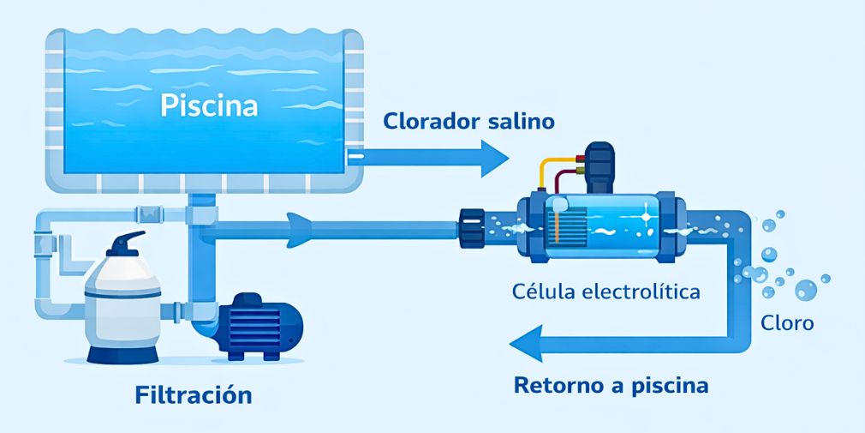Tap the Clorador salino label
[x=468, y=121]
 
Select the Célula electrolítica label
[x=605, y=292]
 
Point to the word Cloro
[x=786, y=324]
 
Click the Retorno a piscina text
[x=611, y=385]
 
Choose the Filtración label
[x=194, y=395]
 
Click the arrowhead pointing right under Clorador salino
[x=494, y=158]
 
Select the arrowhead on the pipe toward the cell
[x=299, y=229]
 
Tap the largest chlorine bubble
[x=806, y=290]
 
